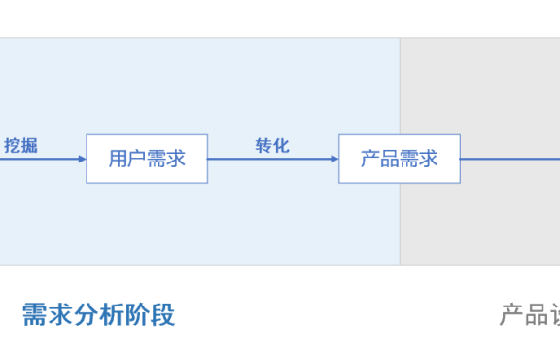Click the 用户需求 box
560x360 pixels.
point(147,159)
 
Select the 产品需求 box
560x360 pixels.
point(399,159)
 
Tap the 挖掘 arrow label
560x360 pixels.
point(20,146)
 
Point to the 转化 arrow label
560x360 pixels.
point(272,146)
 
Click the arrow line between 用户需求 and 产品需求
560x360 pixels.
point(272,159)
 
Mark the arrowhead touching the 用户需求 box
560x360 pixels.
point(82,159)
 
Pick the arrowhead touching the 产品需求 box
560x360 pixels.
point(333,159)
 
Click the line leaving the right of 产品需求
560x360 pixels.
point(506,159)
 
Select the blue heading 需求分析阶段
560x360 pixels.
point(98,314)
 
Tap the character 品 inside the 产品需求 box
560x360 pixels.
point(390,159)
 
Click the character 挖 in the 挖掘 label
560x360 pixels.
point(12,146)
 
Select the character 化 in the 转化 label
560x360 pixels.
point(281,146)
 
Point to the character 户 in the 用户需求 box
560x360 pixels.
point(137,159)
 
